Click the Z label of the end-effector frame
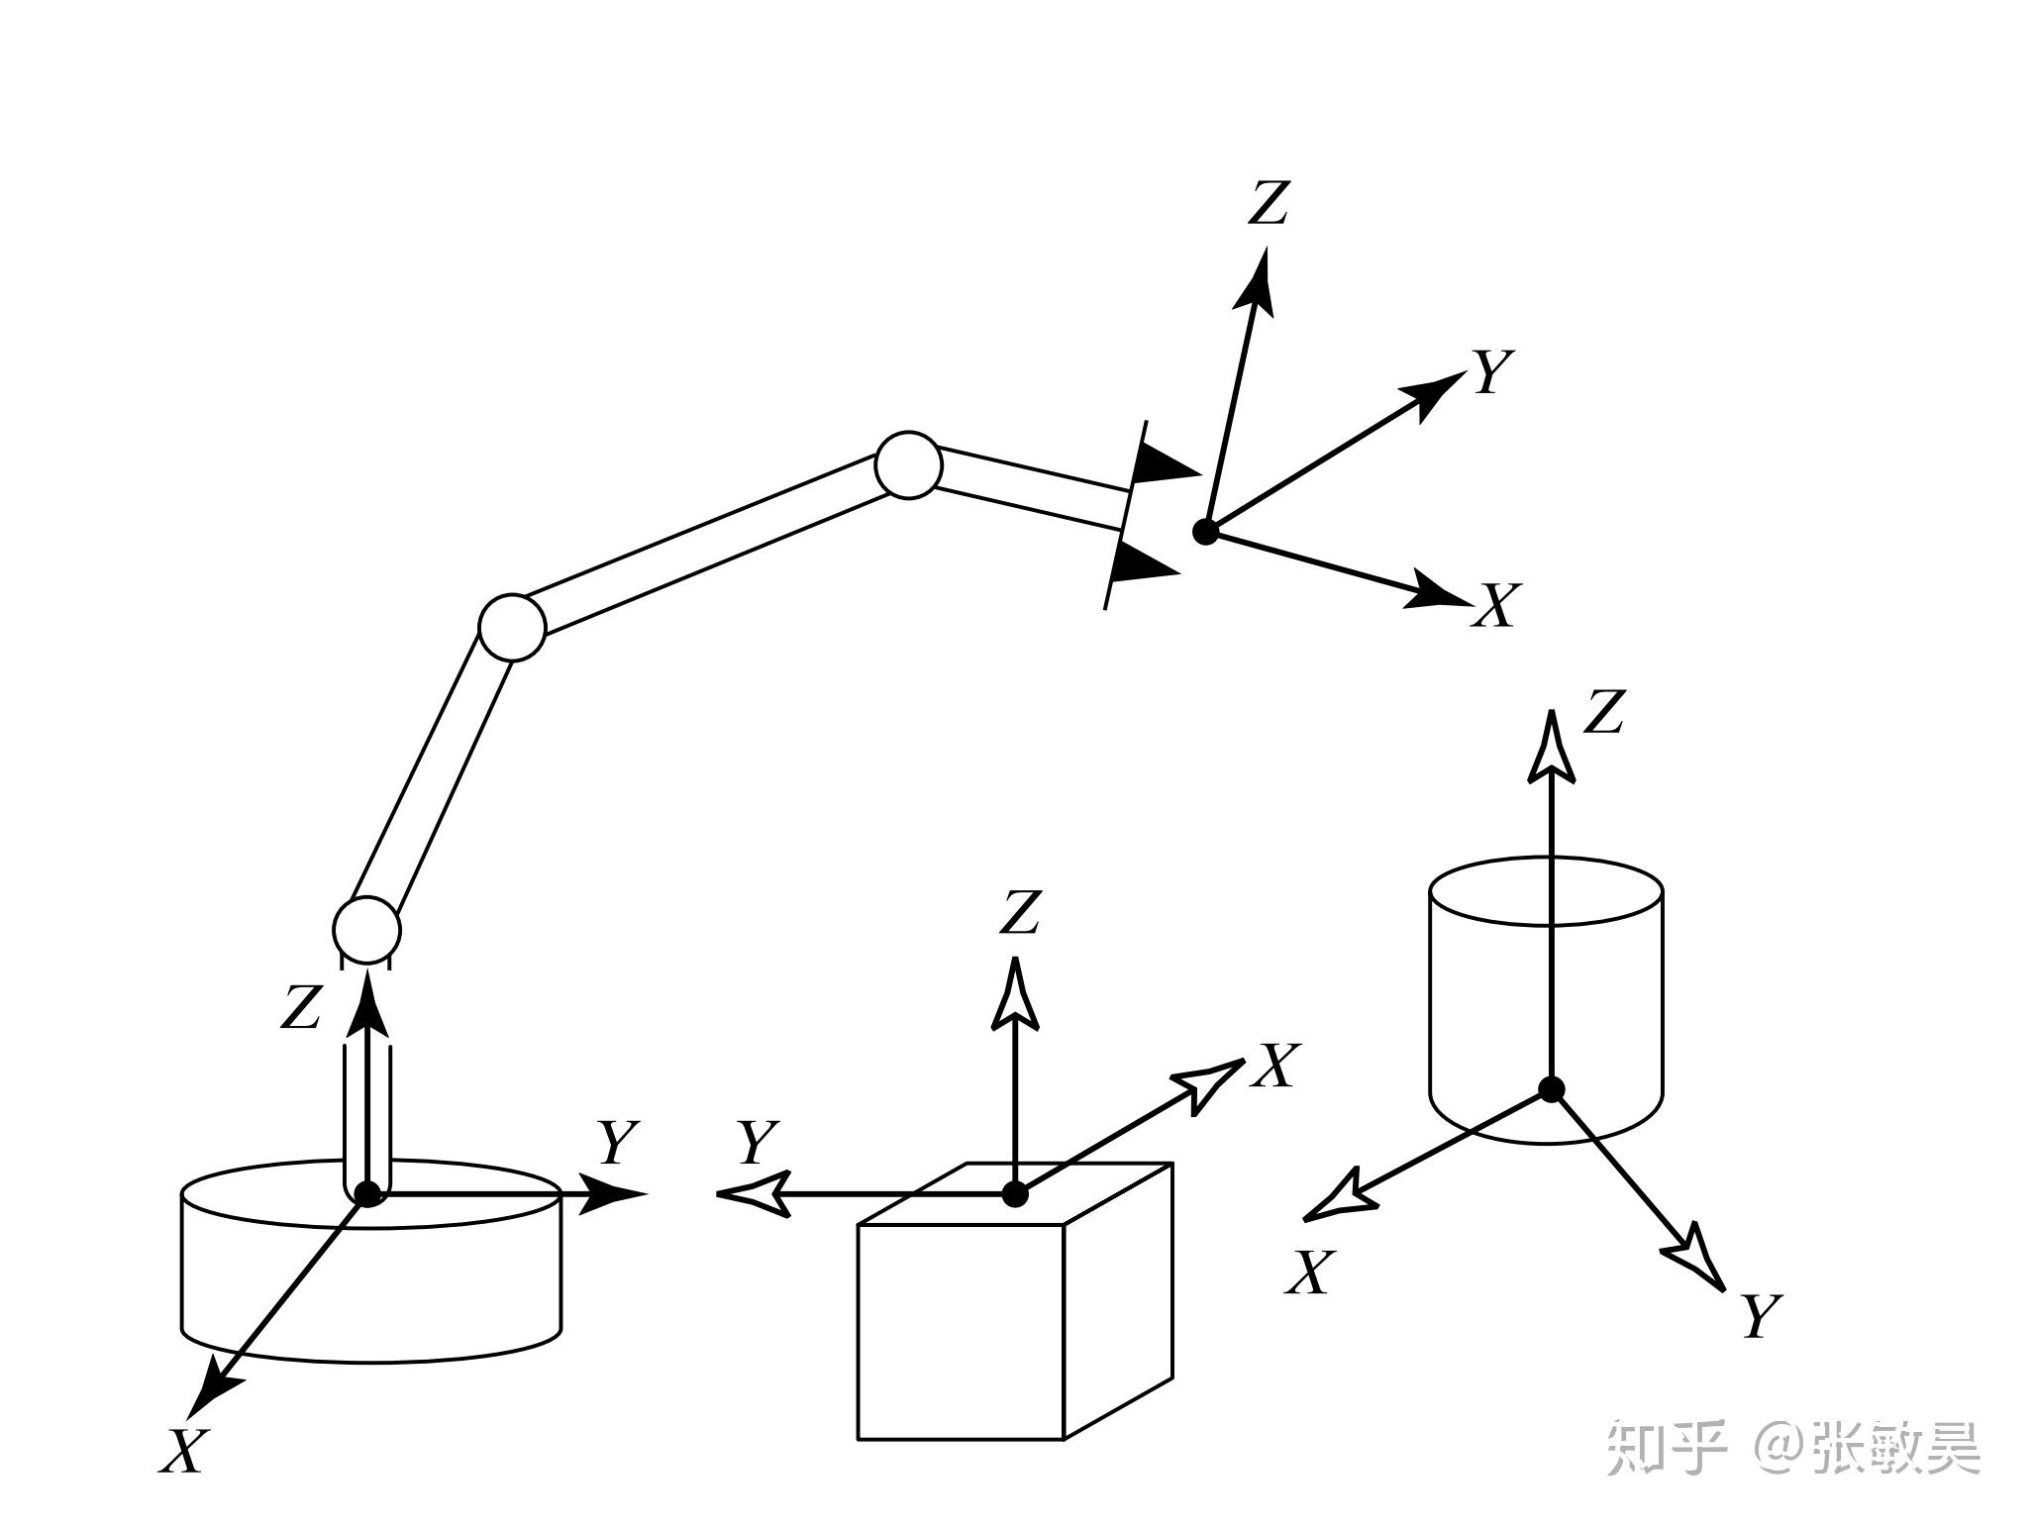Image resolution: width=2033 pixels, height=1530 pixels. coord(1268,203)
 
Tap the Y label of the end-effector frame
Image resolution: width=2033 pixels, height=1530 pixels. coord(1493,373)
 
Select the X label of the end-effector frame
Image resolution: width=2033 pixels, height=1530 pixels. coord(1495,606)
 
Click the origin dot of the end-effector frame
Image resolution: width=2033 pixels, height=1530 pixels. coord(1205,532)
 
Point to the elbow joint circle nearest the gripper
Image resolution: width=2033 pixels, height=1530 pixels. coord(908,464)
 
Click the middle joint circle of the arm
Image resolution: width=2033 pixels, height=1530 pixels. coord(512,628)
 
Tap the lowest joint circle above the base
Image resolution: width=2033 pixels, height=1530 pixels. coord(366,930)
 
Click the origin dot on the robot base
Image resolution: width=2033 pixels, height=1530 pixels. coord(368,1194)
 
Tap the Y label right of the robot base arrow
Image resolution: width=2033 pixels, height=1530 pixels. coord(618,1144)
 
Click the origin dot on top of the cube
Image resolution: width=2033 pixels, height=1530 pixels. coord(1015,1194)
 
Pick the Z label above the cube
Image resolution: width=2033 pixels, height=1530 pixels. coord(1020,912)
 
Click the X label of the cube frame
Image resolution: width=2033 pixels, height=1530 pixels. coord(1272,1067)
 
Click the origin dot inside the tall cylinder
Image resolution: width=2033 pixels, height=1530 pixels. coord(1551,1089)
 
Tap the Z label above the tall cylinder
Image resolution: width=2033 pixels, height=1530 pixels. coord(1604,712)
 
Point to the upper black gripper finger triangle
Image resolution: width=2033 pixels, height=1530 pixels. coord(1165,463)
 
